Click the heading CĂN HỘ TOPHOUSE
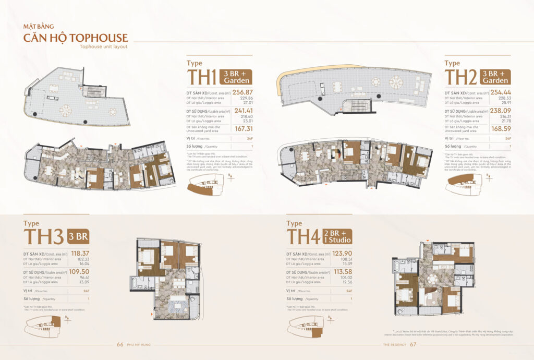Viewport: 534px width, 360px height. [76, 38]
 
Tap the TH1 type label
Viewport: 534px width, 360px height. [202, 77]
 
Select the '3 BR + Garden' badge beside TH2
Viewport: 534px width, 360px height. [495, 77]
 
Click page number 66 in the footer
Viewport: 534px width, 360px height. [120, 344]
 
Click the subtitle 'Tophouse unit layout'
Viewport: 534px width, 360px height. [104, 46]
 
